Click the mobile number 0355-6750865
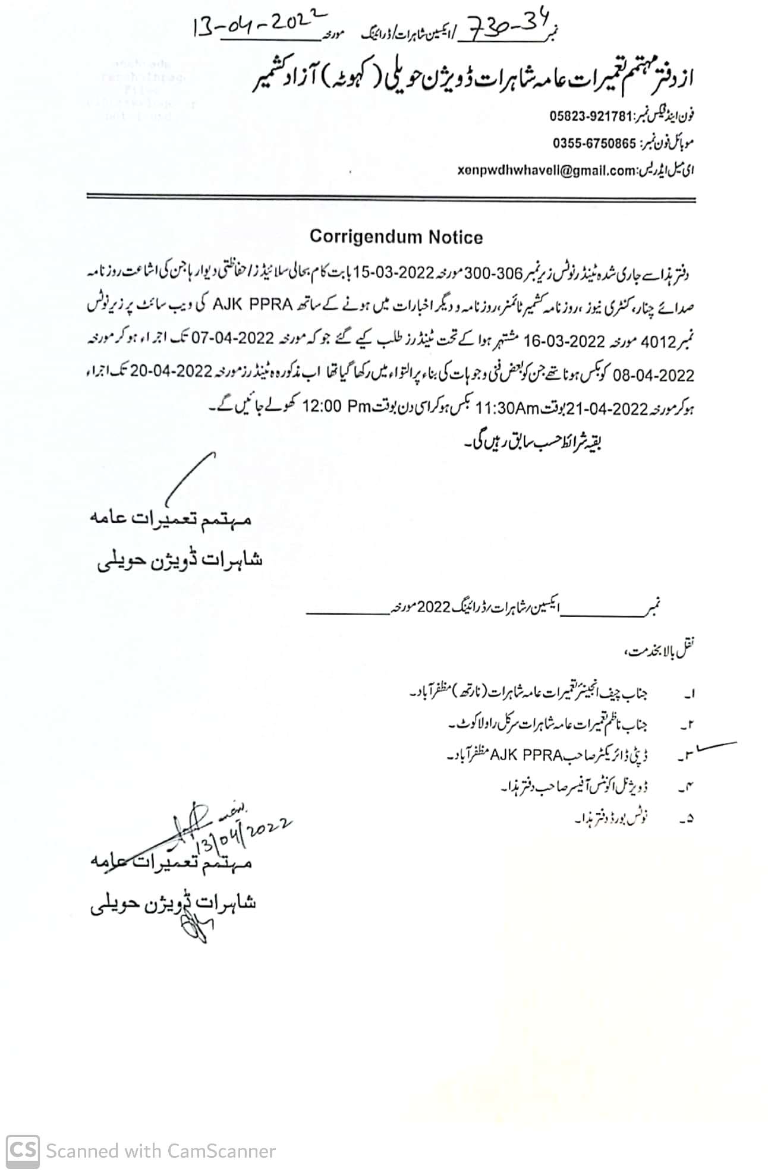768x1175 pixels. (594, 143)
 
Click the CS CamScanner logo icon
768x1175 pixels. (23, 1151)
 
